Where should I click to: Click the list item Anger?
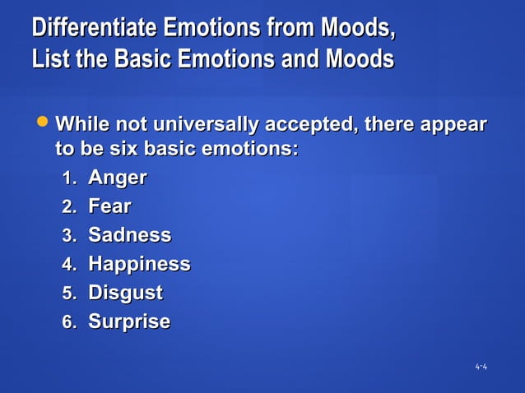click(117, 178)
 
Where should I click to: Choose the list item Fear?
click(109, 206)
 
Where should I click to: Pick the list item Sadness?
click(129, 235)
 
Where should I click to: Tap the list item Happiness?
click(139, 264)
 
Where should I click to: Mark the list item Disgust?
click(125, 293)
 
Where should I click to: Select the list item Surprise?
click(129, 321)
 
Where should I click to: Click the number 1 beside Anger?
click(68, 178)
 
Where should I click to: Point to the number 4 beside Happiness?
click(68, 265)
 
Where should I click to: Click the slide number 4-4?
click(481, 366)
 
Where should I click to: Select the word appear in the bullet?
click(453, 125)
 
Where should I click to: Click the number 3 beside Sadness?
click(68, 236)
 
